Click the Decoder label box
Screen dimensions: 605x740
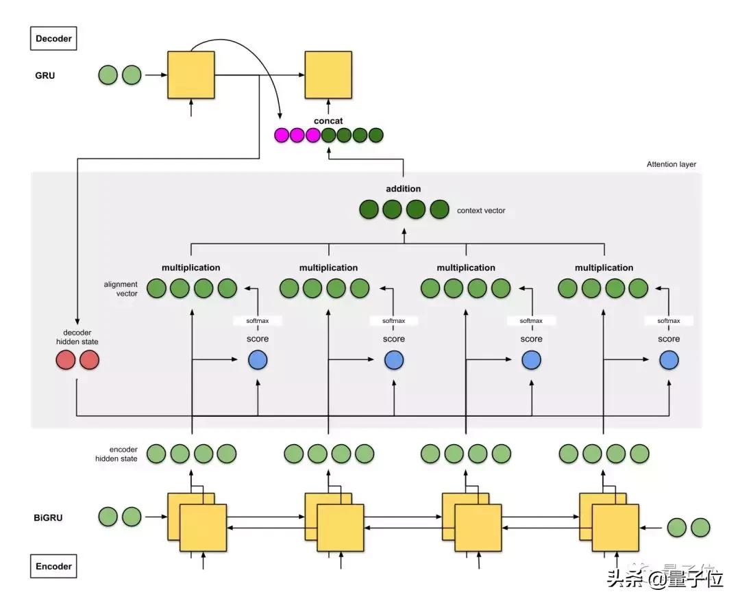tap(52, 38)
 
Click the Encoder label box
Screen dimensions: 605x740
tap(52, 567)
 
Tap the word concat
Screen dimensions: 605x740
tap(329, 121)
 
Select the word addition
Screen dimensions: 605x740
tap(404, 189)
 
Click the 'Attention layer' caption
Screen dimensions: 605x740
tap(671, 164)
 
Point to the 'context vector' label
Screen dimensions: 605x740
tap(481, 211)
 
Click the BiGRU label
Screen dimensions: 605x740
tap(48, 517)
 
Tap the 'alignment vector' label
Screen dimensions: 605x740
tap(121, 289)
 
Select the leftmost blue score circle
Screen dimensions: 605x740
tap(258, 360)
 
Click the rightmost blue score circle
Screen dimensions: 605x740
tap(669, 360)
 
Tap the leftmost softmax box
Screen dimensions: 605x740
tap(257, 320)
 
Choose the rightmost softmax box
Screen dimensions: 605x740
tap(669, 320)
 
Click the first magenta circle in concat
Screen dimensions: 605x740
tap(282, 136)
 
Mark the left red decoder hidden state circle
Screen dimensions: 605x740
tap(66, 360)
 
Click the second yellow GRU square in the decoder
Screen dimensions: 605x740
tap(328, 75)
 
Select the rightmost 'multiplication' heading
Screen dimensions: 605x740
tap(604, 268)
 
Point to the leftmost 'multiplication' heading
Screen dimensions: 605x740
tap(191, 268)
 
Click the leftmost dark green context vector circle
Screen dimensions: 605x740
tap(369, 210)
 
